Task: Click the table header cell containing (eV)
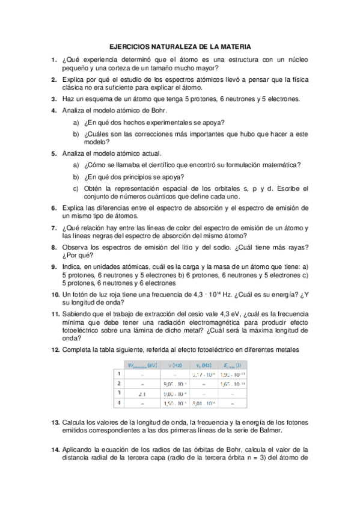pos(141,364)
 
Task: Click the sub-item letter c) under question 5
pos(76,188)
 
